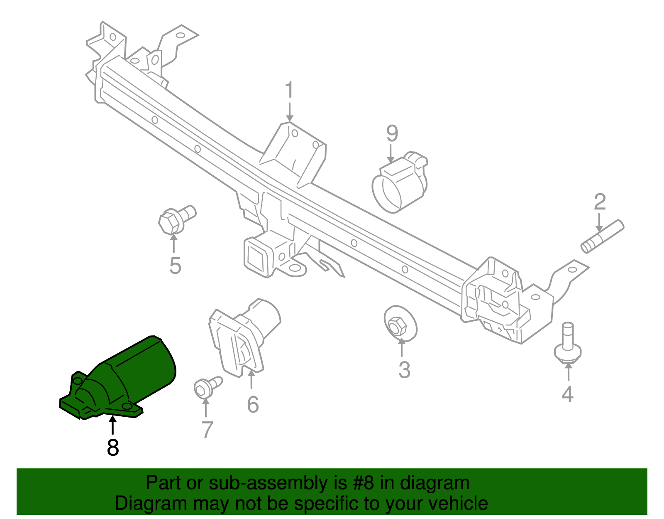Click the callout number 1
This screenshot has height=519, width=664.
(289, 91)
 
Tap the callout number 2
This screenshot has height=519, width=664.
(600, 202)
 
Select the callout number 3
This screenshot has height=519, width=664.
(404, 369)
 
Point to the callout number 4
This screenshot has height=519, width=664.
(567, 394)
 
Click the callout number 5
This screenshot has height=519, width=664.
(175, 266)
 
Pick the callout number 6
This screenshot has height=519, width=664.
(253, 404)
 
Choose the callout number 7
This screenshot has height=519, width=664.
(207, 429)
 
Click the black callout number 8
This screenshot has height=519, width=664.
(113, 448)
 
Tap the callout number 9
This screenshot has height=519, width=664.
(392, 133)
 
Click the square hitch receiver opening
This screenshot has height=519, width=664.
(256, 254)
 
